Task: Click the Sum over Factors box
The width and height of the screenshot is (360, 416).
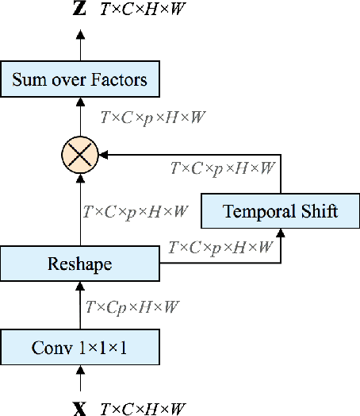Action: click(79, 80)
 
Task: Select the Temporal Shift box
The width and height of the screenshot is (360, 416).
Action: click(281, 211)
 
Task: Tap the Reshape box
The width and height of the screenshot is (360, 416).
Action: click(79, 264)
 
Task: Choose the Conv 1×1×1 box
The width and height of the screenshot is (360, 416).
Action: click(79, 347)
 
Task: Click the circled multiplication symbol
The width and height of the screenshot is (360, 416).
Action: click(79, 152)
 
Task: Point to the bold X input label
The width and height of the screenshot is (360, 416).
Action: click(79, 409)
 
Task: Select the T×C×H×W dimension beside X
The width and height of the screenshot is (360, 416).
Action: click(144, 409)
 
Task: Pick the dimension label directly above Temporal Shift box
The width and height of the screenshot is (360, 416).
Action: click(224, 168)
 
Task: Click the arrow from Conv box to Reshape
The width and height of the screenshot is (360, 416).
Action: click(79, 306)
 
